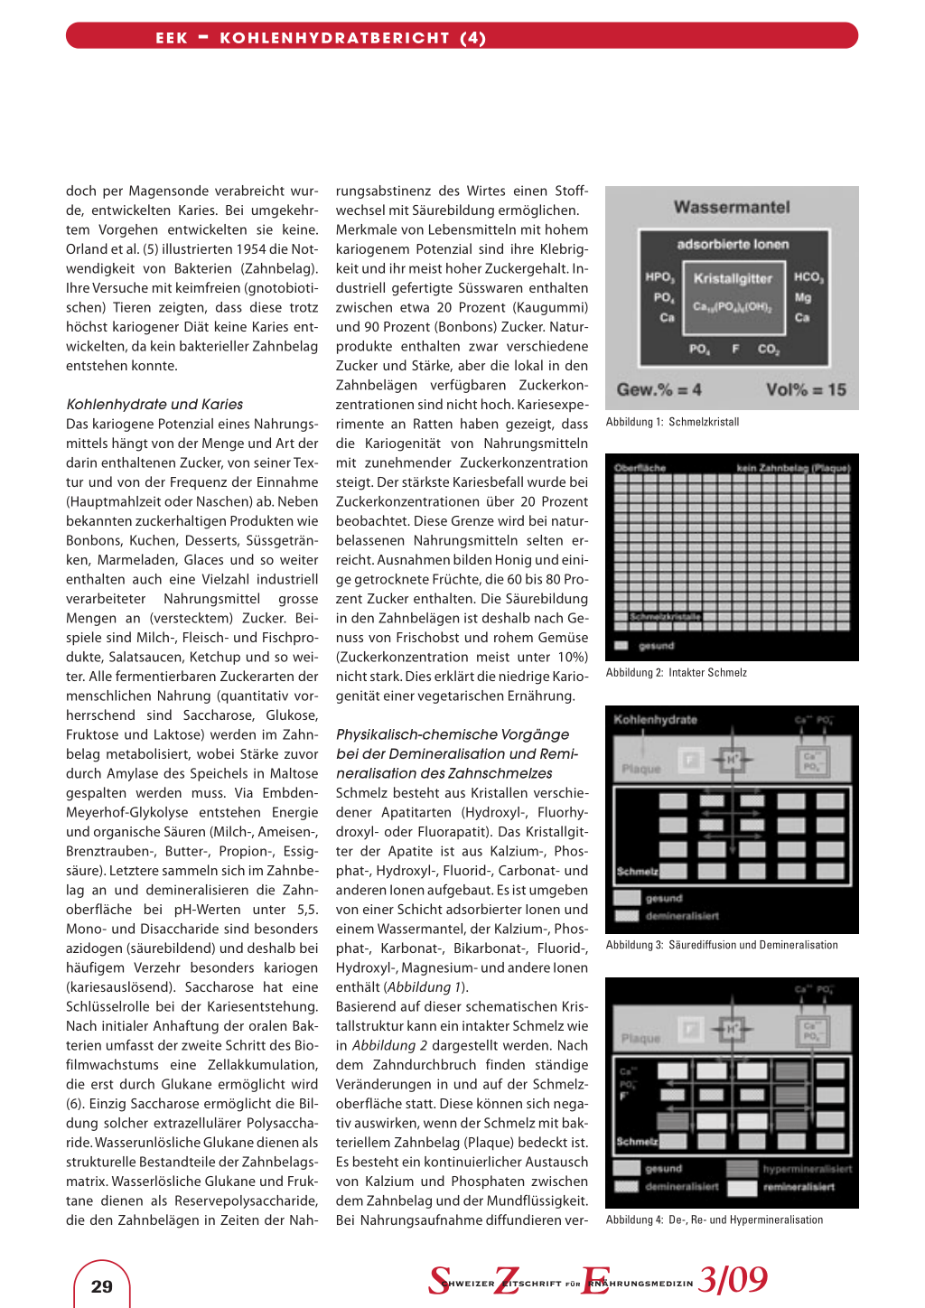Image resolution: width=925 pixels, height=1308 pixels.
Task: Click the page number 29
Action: tap(102, 1286)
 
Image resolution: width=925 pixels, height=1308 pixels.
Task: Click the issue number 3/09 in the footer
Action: tap(733, 1279)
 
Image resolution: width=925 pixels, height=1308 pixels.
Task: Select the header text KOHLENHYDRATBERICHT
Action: tap(334, 38)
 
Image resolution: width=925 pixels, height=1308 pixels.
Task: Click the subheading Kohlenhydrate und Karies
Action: tap(154, 404)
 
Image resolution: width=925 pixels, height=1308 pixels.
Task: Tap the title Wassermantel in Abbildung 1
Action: tap(732, 207)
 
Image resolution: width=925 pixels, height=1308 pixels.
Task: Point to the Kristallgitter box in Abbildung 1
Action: tap(733, 291)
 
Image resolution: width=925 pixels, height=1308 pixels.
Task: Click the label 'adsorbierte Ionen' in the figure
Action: tap(733, 244)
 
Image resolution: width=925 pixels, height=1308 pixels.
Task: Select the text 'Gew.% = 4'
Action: tap(659, 389)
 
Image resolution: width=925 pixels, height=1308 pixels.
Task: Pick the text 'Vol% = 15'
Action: tap(806, 389)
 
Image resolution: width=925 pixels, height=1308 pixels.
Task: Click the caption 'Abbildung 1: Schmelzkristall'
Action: tap(672, 422)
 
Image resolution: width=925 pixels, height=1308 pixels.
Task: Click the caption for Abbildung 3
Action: tap(722, 945)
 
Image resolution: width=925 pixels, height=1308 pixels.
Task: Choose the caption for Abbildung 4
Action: tap(714, 1219)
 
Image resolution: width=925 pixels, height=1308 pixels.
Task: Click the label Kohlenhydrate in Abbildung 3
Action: tap(655, 720)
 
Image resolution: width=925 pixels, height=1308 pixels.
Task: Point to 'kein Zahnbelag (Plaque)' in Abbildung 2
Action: tap(793, 468)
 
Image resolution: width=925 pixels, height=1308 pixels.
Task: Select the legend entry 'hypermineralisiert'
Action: tap(807, 1169)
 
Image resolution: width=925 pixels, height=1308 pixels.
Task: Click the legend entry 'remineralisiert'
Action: tap(799, 1187)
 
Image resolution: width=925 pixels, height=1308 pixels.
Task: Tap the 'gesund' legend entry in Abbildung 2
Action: tap(656, 646)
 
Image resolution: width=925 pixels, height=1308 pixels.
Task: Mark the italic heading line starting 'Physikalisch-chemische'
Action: tap(453, 734)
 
